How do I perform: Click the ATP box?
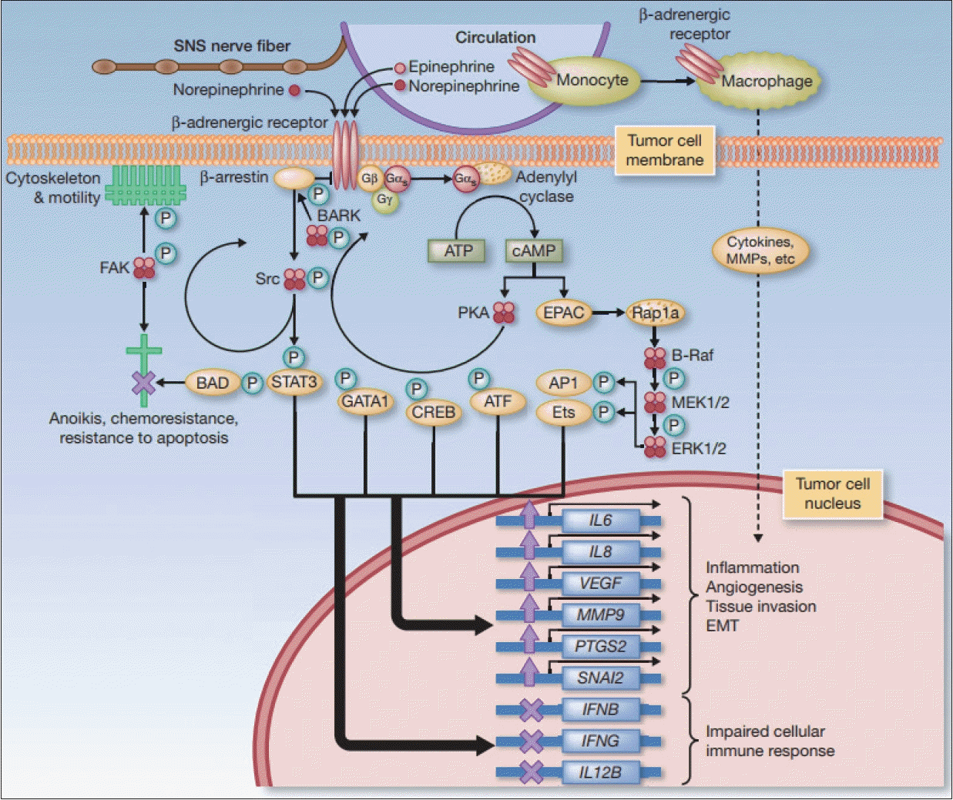pos(456,250)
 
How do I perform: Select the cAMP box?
pos(534,250)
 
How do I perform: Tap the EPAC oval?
pos(564,313)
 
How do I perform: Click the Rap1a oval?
pos(656,313)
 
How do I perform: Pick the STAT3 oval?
pos(294,382)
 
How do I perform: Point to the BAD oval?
pos(213,382)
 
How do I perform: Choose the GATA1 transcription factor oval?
pos(364,401)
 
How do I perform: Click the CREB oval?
pos(434,412)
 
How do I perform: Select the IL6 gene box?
pos(600,521)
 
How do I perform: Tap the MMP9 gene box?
pos(600,615)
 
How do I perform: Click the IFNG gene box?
pos(600,741)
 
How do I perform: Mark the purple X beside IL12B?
pos(532,772)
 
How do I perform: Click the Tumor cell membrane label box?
pos(665,150)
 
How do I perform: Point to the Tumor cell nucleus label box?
pos(833,494)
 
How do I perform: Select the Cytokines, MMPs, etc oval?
pos(760,251)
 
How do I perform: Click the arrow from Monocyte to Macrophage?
pos(668,81)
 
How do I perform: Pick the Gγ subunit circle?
pos(384,199)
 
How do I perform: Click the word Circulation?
pos(495,38)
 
